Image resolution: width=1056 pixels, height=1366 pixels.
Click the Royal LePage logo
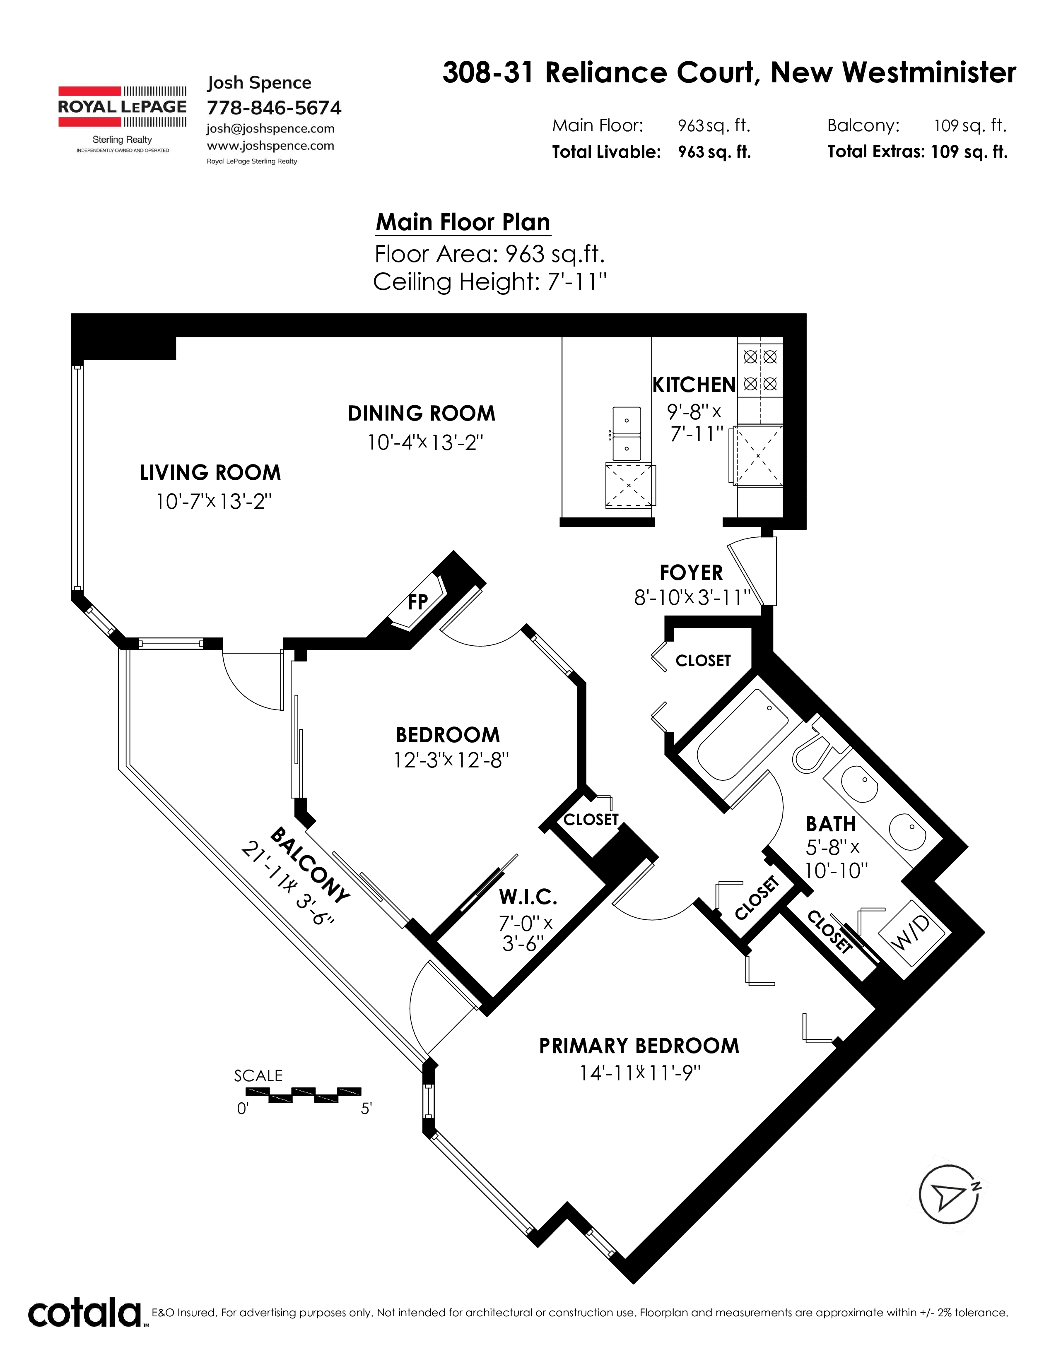coord(122,119)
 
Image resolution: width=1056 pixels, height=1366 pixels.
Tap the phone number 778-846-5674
coord(274,108)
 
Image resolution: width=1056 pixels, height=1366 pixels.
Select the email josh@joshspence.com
coord(270,128)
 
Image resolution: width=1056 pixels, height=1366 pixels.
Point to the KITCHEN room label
coord(694,385)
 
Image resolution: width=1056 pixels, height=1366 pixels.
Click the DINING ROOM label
coord(421,414)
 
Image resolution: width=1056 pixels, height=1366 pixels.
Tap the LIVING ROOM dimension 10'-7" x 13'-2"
coord(214,501)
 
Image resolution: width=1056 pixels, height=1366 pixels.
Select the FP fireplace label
coord(418,602)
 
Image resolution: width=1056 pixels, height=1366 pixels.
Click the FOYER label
coord(691,573)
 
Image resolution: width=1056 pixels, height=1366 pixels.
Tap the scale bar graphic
coord(304,1095)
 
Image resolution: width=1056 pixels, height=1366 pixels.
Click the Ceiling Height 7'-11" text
coord(490,281)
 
